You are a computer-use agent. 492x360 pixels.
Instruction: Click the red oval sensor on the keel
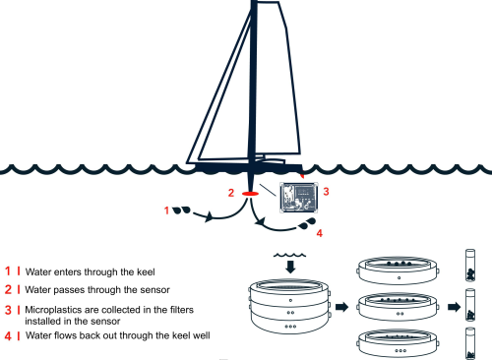point(250,194)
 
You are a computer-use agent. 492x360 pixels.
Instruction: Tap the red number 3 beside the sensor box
point(326,191)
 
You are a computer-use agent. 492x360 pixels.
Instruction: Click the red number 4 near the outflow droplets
point(320,233)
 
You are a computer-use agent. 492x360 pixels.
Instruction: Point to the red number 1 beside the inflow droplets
point(166,210)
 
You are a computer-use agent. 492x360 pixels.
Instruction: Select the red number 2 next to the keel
point(231,193)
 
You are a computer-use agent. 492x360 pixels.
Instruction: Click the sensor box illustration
point(299,198)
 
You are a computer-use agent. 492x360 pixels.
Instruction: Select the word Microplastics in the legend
point(52,310)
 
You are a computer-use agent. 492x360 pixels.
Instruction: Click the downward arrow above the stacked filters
point(290,267)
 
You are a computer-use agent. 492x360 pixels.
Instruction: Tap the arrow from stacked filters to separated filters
point(342,307)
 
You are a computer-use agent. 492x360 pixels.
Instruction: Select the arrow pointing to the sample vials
point(455,307)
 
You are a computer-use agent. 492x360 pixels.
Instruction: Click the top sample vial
point(470,266)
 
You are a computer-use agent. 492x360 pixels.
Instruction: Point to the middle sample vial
point(470,305)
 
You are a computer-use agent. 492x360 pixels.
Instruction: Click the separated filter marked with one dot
point(399,270)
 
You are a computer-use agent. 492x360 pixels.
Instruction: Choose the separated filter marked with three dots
point(399,343)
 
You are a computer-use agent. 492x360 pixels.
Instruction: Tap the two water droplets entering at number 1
point(182,210)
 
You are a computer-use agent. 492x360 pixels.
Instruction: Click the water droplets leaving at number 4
point(307,223)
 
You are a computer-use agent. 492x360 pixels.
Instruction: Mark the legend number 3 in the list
point(8,310)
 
